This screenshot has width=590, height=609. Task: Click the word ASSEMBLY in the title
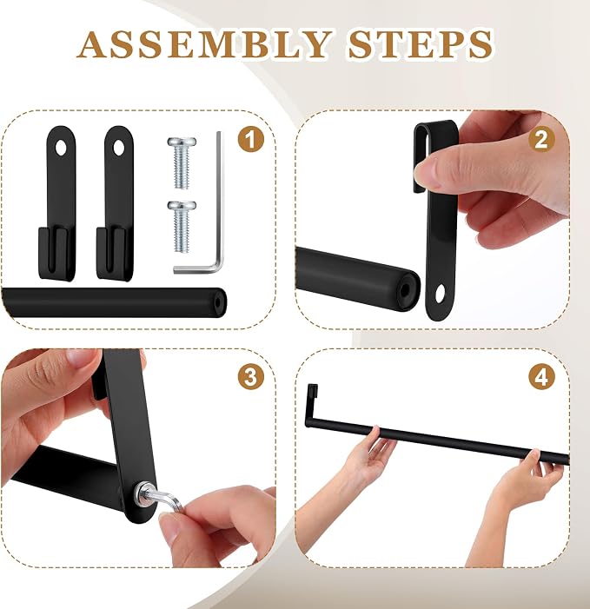pyautogui.click(x=205, y=44)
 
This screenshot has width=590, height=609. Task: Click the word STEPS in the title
pyautogui.click(x=421, y=44)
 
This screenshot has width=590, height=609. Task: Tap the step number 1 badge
pyautogui.click(x=251, y=139)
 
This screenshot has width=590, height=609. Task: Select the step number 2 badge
pyautogui.click(x=541, y=139)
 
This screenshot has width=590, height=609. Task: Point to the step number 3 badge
pyautogui.click(x=251, y=376)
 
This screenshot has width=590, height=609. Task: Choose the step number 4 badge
pyautogui.click(x=541, y=376)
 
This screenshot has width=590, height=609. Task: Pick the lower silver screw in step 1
pyautogui.click(x=182, y=227)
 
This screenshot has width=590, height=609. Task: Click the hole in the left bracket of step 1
pyautogui.click(x=61, y=148)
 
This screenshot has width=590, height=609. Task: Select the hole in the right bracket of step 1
pyautogui.click(x=118, y=148)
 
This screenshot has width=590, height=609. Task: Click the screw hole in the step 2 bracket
pyautogui.click(x=440, y=294)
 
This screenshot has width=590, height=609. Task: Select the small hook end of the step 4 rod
pyautogui.click(x=312, y=392)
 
